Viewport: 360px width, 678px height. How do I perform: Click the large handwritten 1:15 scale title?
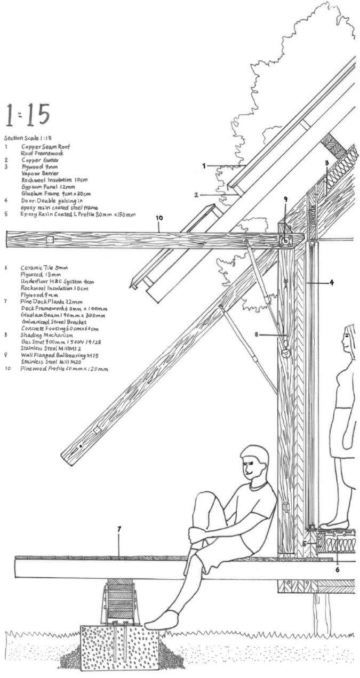tap(27, 115)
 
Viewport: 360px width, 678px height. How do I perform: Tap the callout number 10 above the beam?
tap(159, 218)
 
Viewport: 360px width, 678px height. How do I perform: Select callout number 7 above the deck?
tap(119, 529)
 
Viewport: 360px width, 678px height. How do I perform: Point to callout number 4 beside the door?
tap(331, 282)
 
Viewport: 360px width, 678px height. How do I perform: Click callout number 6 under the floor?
tap(338, 569)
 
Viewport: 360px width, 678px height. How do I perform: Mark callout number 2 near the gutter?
tap(196, 195)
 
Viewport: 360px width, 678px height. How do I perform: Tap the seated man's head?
tap(255, 462)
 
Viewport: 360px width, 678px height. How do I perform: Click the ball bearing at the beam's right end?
tap(285, 242)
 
